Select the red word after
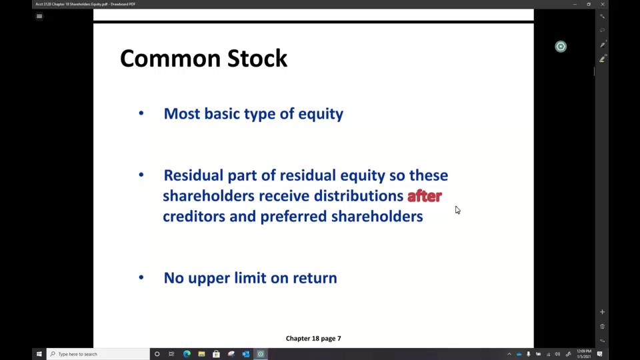(x=425, y=196)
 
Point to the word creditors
(x=193, y=217)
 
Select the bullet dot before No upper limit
(x=141, y=277)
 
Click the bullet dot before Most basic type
(x=141, y=113)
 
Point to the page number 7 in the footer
(x=339, y=338)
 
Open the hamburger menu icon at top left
(x=39, y=17)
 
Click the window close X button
(x=603, y=4)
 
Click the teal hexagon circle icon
(x=561, y=46)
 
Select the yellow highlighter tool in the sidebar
(x=602, y=59)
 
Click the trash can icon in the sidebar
(x=602, y=326)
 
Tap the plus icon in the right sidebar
(x=602, y=312)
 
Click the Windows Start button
(x=39, y=354)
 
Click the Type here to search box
(x=100, y=354)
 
